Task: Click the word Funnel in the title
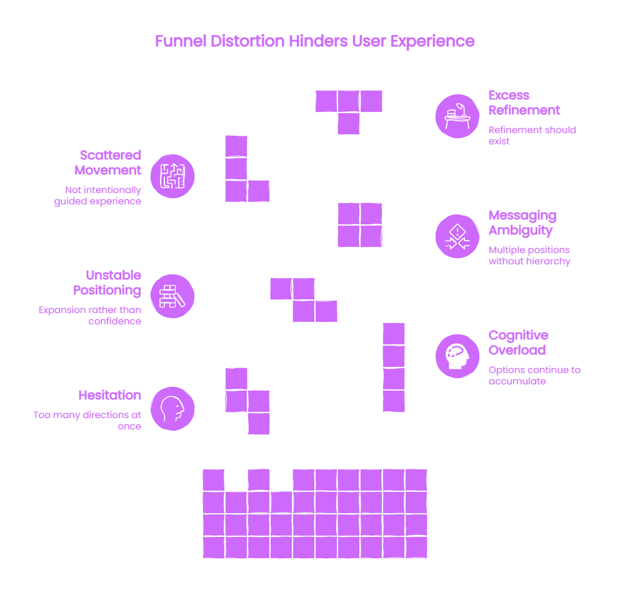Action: pos(181,41)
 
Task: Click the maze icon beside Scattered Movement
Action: pos(172,176)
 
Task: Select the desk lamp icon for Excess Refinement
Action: pos(457,116)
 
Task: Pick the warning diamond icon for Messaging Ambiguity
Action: pos(457,236)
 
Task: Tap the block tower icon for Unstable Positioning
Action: pos(172,296)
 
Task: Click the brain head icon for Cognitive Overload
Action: pos(457,356)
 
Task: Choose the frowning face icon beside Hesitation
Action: pos(172,409)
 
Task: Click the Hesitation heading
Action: pos(110,395)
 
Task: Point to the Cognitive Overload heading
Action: pos(518,342)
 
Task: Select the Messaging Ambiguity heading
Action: pos(522,222)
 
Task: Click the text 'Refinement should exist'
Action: pos(532,136)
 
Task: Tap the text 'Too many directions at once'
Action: pos(87,421)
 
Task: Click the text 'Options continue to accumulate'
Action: pos(534,376)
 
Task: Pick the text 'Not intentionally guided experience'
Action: pos(97,195)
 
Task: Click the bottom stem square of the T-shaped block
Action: pos(348,123)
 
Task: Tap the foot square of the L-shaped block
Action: pos(259,191)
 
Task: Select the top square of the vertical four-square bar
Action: pos(394,334)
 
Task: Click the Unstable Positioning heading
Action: pos(107,283)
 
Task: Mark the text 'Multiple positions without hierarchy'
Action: pos(529,256)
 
